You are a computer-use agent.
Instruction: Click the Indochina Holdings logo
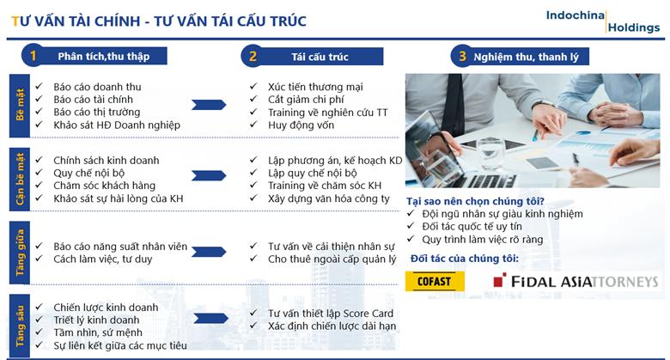coord(603,21)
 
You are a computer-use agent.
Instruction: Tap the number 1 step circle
coord(33,56)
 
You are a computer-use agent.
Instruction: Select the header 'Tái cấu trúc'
coord(320,57)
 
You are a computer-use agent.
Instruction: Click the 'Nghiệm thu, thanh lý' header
coord(526,57)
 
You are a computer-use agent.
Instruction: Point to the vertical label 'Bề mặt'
coord(20,105)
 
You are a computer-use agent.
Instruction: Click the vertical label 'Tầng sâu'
coord(20,326)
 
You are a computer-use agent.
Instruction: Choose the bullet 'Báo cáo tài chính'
coord(93,99)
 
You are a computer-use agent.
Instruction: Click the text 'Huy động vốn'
coord(301,125)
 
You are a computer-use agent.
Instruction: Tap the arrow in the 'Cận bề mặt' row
coord(209,175)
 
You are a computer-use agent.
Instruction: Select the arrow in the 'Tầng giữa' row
coord(209,252)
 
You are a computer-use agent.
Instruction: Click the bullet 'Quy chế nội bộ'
coord(88,173)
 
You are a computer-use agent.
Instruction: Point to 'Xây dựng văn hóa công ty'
coord(329,198)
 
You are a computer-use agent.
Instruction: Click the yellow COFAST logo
coord(435,281)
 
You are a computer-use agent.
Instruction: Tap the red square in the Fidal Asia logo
coord(500,279)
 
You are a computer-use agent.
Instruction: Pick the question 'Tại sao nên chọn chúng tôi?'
coord(475,201)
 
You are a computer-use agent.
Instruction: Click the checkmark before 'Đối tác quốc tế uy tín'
coord(411,226)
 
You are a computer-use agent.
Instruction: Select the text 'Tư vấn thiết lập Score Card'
coord(331,314)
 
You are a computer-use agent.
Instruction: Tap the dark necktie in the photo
coord(453,104)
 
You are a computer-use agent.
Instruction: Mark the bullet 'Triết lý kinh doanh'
coord(96,320)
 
